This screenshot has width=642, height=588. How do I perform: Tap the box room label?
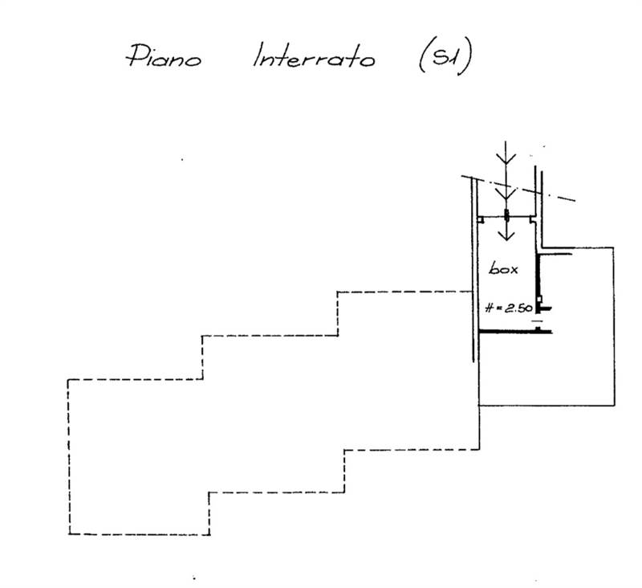point(503,269)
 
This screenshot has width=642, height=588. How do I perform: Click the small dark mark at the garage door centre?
point(506,215)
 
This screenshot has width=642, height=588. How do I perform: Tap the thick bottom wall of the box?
point(514,331)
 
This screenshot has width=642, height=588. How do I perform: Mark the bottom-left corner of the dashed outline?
point(70,534)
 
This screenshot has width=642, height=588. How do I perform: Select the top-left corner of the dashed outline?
point(69,378)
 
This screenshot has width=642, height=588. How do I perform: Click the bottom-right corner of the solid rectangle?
point(614,405)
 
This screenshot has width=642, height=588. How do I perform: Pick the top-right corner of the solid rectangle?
point(614,247)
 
